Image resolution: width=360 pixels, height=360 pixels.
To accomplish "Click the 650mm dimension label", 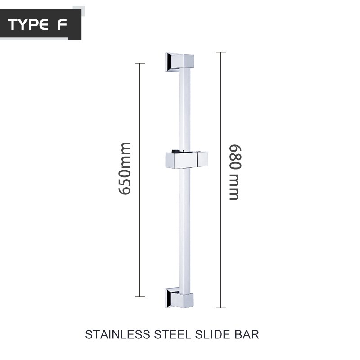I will [x=125, y=168].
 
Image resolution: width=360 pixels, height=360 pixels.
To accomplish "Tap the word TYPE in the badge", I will [x=30, y=25].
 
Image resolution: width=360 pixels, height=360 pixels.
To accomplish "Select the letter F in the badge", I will [x=61, y=25].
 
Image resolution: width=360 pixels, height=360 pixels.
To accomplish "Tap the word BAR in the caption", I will [x=247, y=334].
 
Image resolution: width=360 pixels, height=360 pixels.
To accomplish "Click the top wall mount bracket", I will [x=179, y=62].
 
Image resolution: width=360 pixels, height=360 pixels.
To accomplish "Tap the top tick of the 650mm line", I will [x=140, y=63].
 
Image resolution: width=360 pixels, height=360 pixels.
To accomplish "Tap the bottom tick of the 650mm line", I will [x=140, y=297].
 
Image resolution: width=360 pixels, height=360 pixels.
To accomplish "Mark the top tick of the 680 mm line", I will [x=220, y=52].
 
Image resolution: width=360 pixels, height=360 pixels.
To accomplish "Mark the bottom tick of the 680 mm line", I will [x=220, y=308].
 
